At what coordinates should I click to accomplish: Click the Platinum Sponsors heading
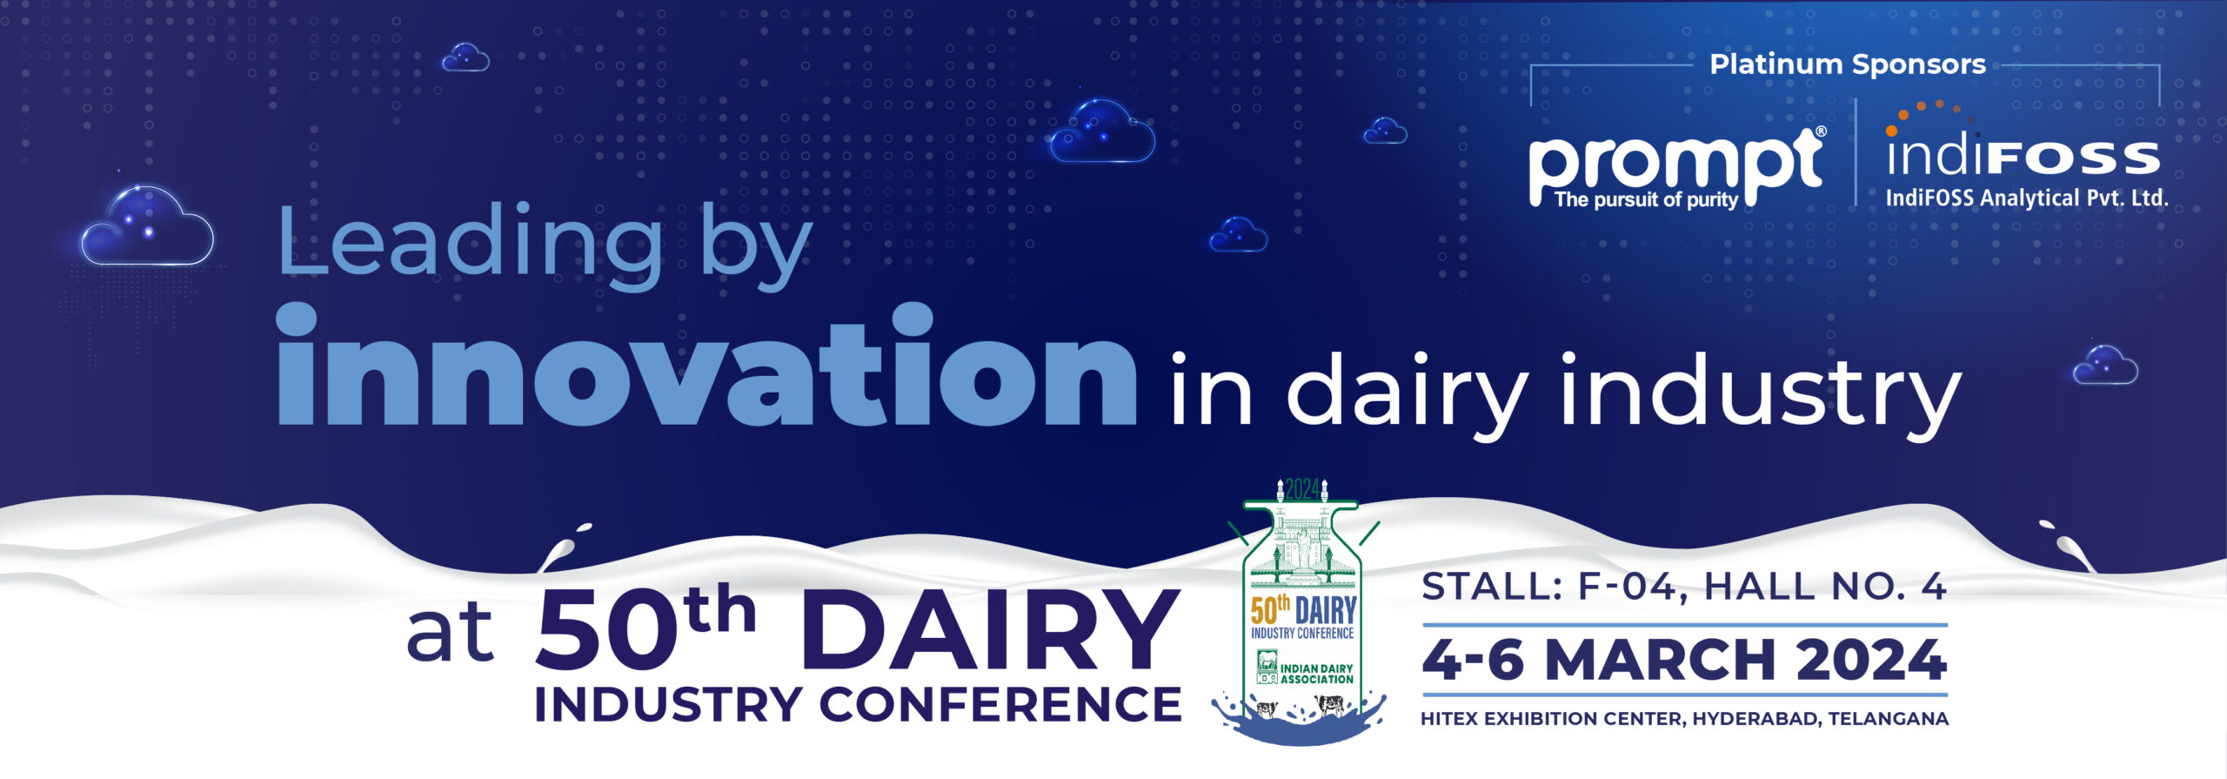click(x=1848, y=64)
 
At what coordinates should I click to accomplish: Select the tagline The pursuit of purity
click(x=1646, y=199)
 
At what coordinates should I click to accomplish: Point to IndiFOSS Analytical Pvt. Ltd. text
click(x=2026, y=198)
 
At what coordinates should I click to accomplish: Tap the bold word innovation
click(x=706, y=366)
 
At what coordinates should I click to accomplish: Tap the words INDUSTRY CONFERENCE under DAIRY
click(x=858, y=705)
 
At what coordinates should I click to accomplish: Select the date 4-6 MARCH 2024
click(x=1684, y=660)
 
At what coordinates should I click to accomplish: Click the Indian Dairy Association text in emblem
click(x=1316, y=674)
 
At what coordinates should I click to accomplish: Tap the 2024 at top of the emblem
click(x=1302, y=490)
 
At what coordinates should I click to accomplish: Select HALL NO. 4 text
click(x=1825, y=588)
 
